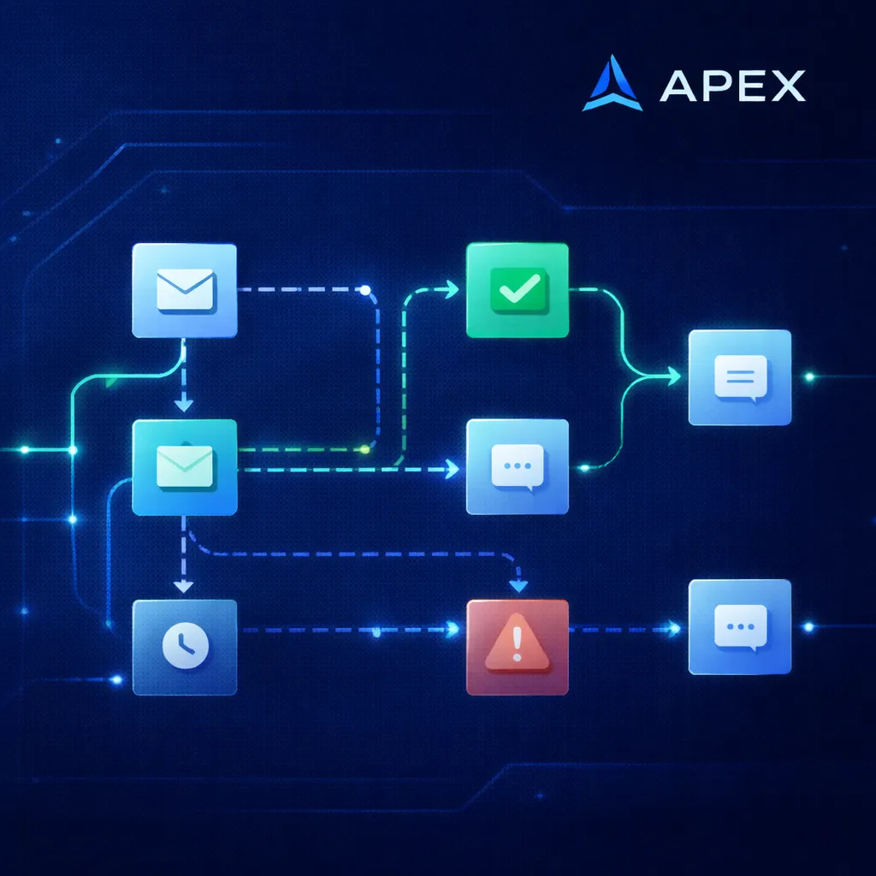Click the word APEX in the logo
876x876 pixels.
732,85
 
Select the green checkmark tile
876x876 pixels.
517,291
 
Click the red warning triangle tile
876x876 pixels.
517,648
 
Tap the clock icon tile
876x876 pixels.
184,648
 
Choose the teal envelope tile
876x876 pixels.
184,467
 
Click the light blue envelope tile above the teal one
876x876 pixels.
184,291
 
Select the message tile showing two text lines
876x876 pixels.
739,377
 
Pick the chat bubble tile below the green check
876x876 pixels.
517,467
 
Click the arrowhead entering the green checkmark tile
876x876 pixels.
452,291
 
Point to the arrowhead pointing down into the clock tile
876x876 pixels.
182,586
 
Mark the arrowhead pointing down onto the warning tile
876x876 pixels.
517,586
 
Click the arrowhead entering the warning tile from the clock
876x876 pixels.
453,630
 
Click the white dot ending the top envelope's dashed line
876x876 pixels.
365,290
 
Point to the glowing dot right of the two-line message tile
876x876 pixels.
808,376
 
